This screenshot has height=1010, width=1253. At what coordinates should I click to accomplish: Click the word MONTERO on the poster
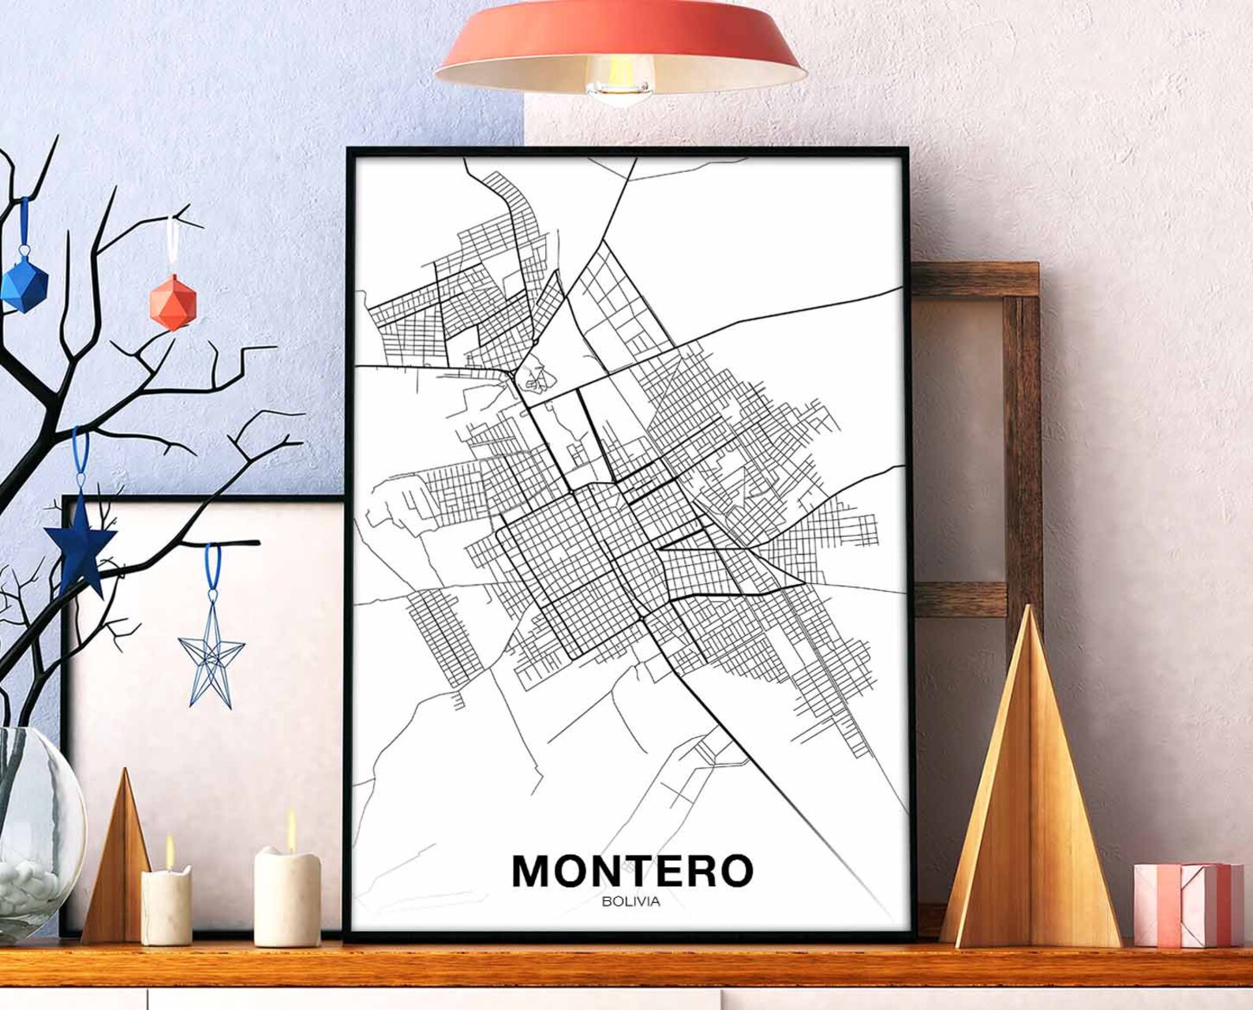tap(632, 871)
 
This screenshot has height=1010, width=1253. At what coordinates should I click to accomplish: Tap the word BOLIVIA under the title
tap(630, 902)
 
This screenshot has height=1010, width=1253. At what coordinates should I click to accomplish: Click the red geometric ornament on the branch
tap(173, 301)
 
